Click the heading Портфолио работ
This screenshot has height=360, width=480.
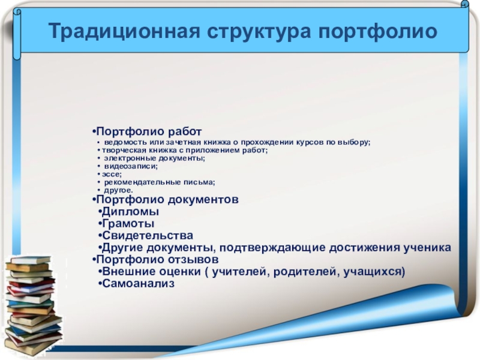pos(149,132)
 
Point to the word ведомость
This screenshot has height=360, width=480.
pos(125,142)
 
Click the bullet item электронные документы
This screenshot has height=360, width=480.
pos(155,158)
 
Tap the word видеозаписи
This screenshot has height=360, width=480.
pos(131,166)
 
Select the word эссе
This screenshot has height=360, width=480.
pos(112,174)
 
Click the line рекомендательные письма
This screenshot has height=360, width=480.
pos(160,182)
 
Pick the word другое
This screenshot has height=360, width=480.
pos(118,190)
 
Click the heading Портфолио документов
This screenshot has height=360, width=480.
pos(167,200)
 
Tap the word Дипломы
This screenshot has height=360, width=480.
pos(130,212)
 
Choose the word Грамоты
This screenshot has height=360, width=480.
pos(128,223)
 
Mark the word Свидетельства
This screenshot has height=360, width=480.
pos(148,235)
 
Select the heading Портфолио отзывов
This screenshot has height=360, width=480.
pos(157,259)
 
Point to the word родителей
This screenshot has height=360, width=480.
pos(306,272)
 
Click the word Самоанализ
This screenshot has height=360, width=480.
pos(139,283)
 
